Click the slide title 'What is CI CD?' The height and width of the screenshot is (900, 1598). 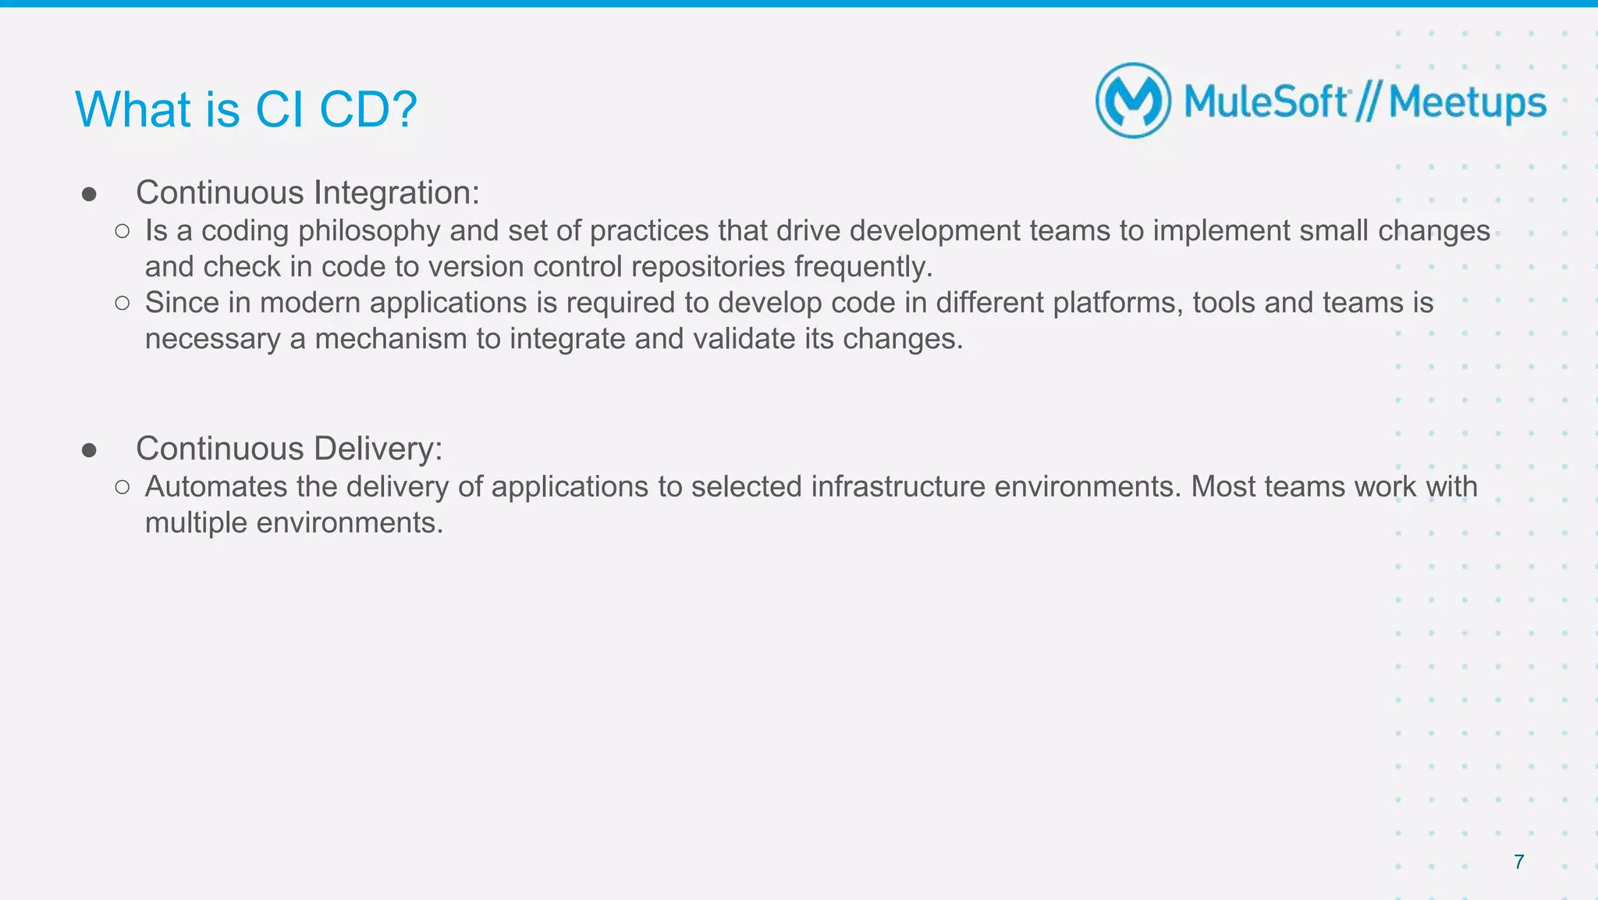(x=246, y=109)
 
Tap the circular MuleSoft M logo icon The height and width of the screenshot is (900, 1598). (x=1133, y=101)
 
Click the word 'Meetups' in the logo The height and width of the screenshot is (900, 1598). (x=1467, y=103)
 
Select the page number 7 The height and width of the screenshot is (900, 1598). (x=1518, y=862)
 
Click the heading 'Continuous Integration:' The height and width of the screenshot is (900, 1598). (x=307, y=193)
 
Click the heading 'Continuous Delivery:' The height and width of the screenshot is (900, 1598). (x=289, y=449)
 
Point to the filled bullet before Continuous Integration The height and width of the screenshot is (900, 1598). (x=89, y=194)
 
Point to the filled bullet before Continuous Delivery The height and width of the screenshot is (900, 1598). (x=89, y=450)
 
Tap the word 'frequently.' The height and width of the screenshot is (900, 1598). (x=863, y=267)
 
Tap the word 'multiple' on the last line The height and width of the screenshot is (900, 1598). (x=196, y=523)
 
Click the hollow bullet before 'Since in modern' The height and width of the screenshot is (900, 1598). (x=122, y=303)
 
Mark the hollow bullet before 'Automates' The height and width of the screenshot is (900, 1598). (x=122, y=487)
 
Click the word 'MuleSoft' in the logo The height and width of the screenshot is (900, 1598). (x=1266, y=102)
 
